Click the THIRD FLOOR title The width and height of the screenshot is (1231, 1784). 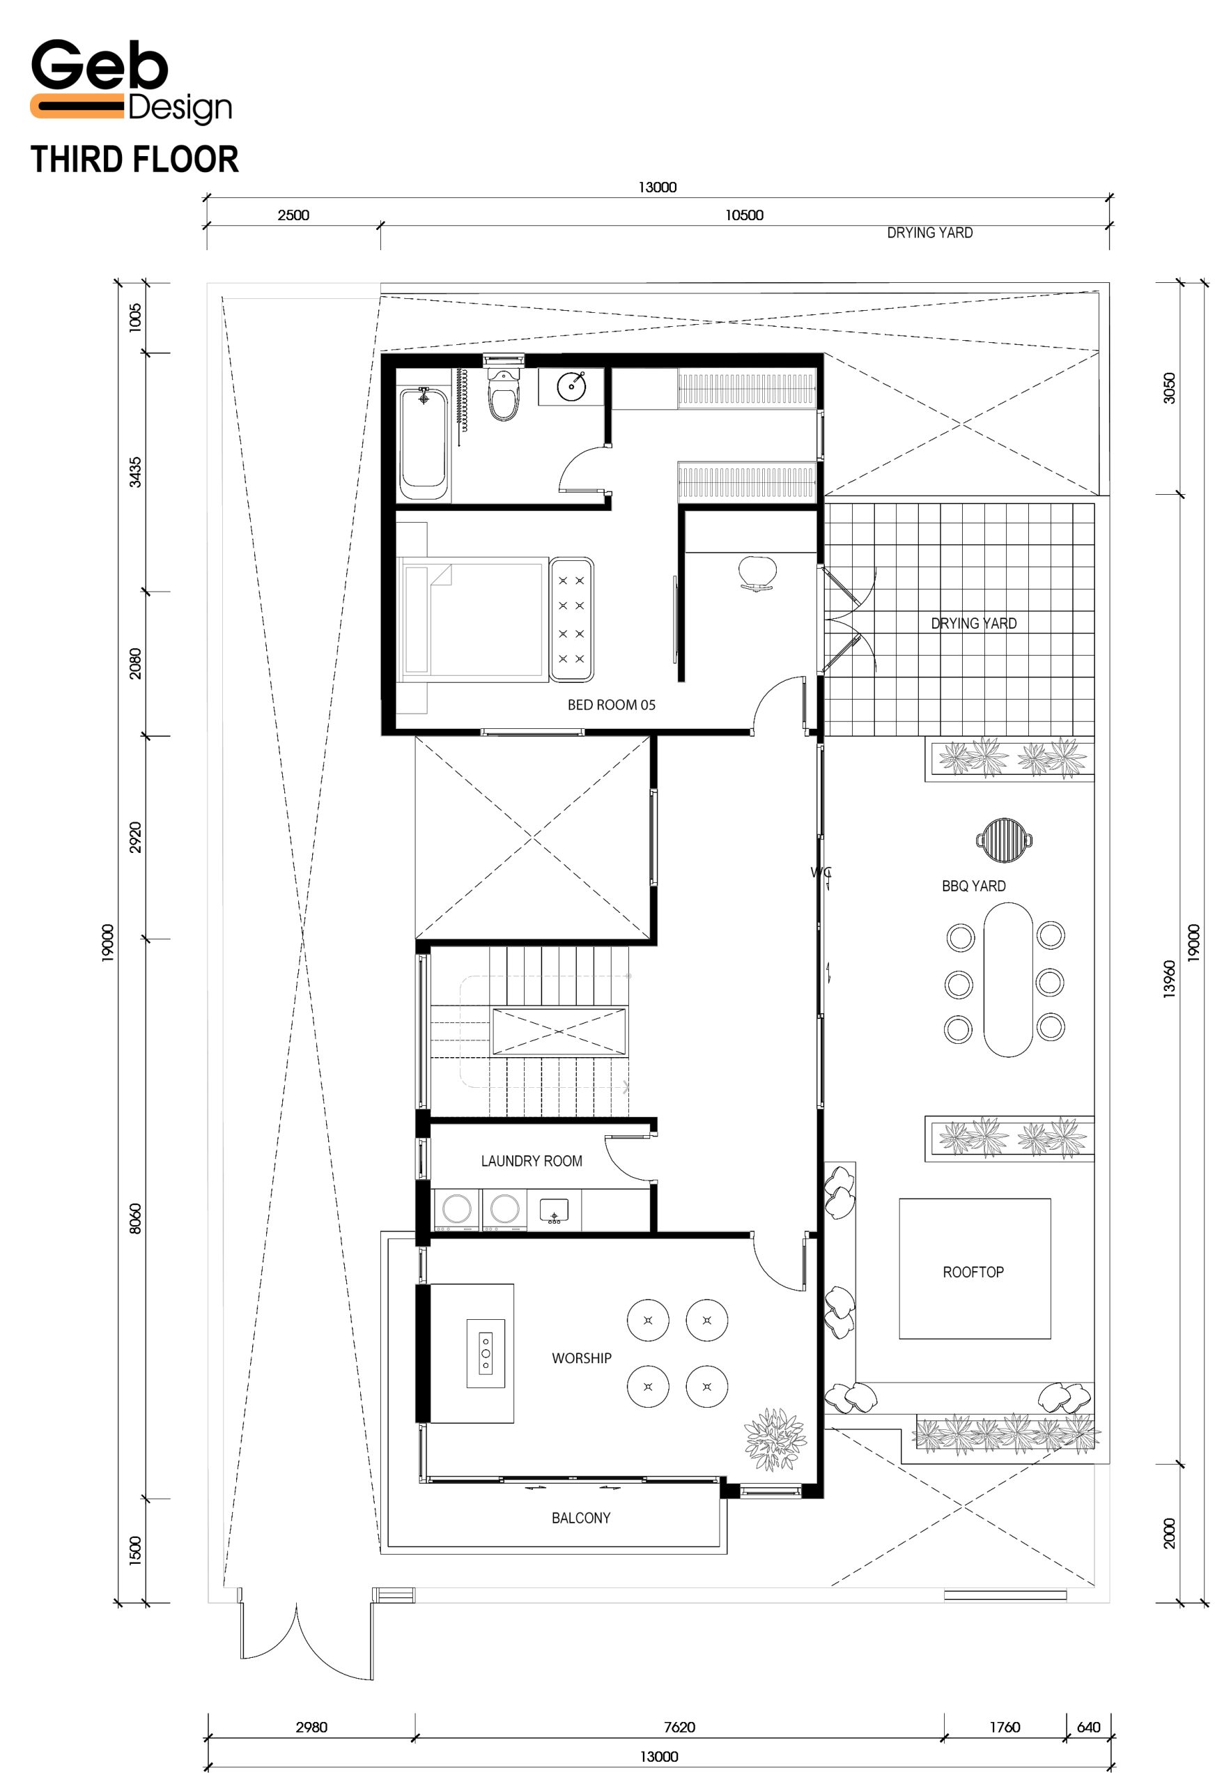click(x=134, y=160)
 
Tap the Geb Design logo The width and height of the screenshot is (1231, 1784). click(x=131, y=81)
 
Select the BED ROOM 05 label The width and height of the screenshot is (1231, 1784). click(x=611, y=705)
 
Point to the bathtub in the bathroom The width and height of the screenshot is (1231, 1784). click(x=423, y=444)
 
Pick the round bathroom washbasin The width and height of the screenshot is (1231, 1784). click(x=571, y=386)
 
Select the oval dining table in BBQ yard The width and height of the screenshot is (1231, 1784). click(x=1007, y=979)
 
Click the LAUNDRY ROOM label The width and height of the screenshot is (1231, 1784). click(x=532, y=1160)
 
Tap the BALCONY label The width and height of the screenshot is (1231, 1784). click(x=581, y=1518)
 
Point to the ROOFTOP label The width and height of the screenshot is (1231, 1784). click(x=973, y=1272)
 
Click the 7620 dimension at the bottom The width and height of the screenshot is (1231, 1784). click(x=679, y=1727)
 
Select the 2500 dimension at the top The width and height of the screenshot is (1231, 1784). click(x=293, y=215)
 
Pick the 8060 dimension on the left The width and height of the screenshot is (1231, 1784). click(x=135, y=1218)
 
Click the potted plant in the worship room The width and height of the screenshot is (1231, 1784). click(x=775, y=1439)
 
